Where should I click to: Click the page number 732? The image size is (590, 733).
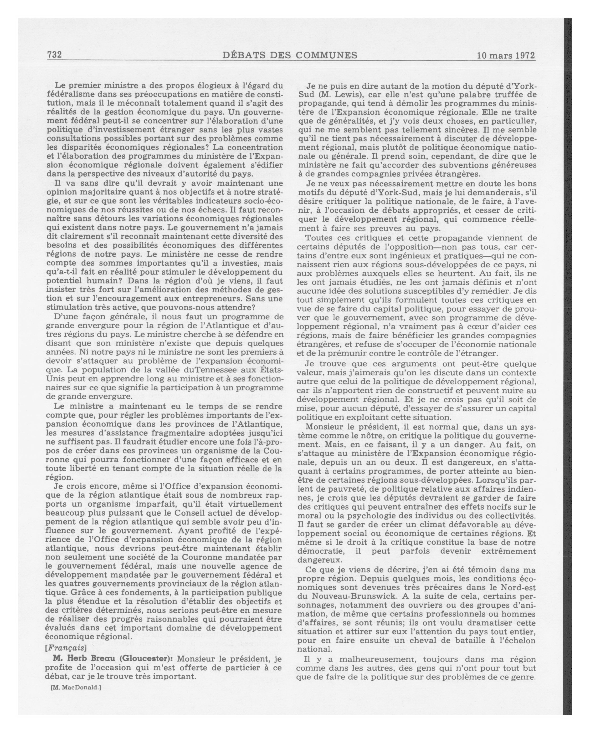coord(54,55)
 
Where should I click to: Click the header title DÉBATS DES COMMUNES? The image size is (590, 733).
coord(290,55)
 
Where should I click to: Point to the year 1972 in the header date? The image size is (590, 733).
coord(524,56)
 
